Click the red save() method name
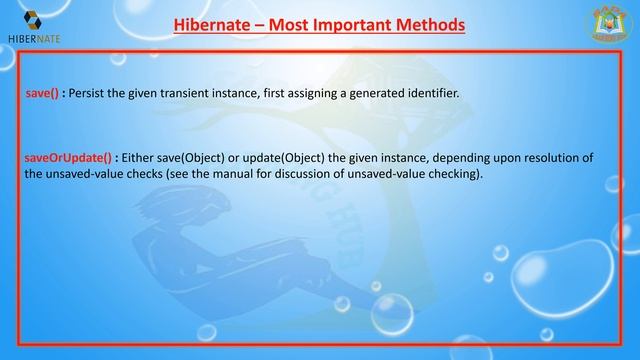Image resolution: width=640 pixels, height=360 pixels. coord(42,93)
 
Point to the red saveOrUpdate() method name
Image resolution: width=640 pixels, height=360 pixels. coord(67,157)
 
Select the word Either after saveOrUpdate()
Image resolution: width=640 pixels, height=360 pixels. coord(139,157)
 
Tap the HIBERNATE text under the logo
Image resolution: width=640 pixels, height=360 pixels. coord(34,41)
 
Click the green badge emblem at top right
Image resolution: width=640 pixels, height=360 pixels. coord(605,24)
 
